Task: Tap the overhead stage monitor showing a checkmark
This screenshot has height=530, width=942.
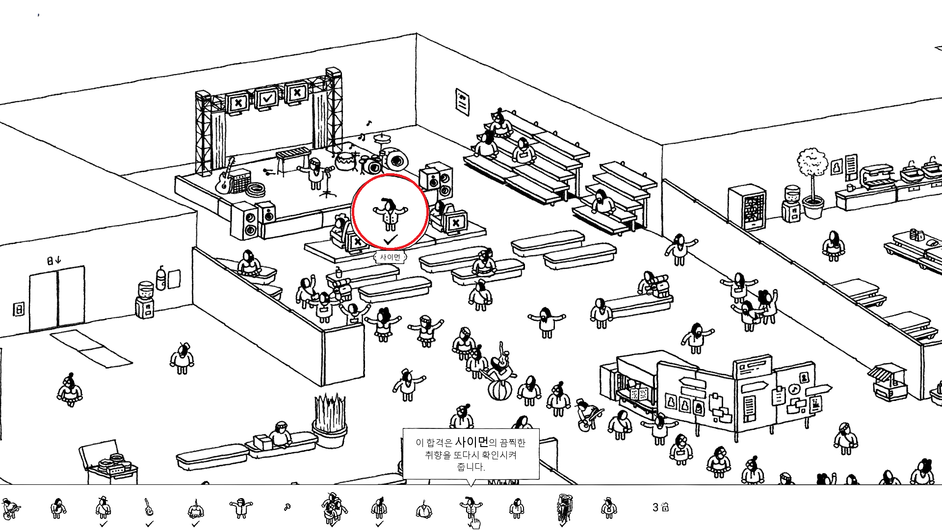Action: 267,99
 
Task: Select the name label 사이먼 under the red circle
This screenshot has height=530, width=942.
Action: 390,257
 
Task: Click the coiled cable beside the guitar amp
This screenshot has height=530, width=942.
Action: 256,189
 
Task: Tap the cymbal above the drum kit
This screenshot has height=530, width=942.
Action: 381,137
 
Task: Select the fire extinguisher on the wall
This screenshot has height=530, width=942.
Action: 160,279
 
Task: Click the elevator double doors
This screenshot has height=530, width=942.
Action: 57,298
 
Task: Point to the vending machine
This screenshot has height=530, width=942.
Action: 747,207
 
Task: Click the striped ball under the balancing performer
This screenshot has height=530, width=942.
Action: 499,390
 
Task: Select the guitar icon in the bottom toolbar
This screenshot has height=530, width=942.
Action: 149,507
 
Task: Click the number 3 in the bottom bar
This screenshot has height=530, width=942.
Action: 655,507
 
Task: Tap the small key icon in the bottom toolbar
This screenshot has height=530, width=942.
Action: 287,507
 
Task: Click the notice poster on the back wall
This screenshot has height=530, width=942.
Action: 462,101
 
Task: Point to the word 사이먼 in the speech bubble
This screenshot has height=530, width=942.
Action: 471,442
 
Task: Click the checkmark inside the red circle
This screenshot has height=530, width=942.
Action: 391,240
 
